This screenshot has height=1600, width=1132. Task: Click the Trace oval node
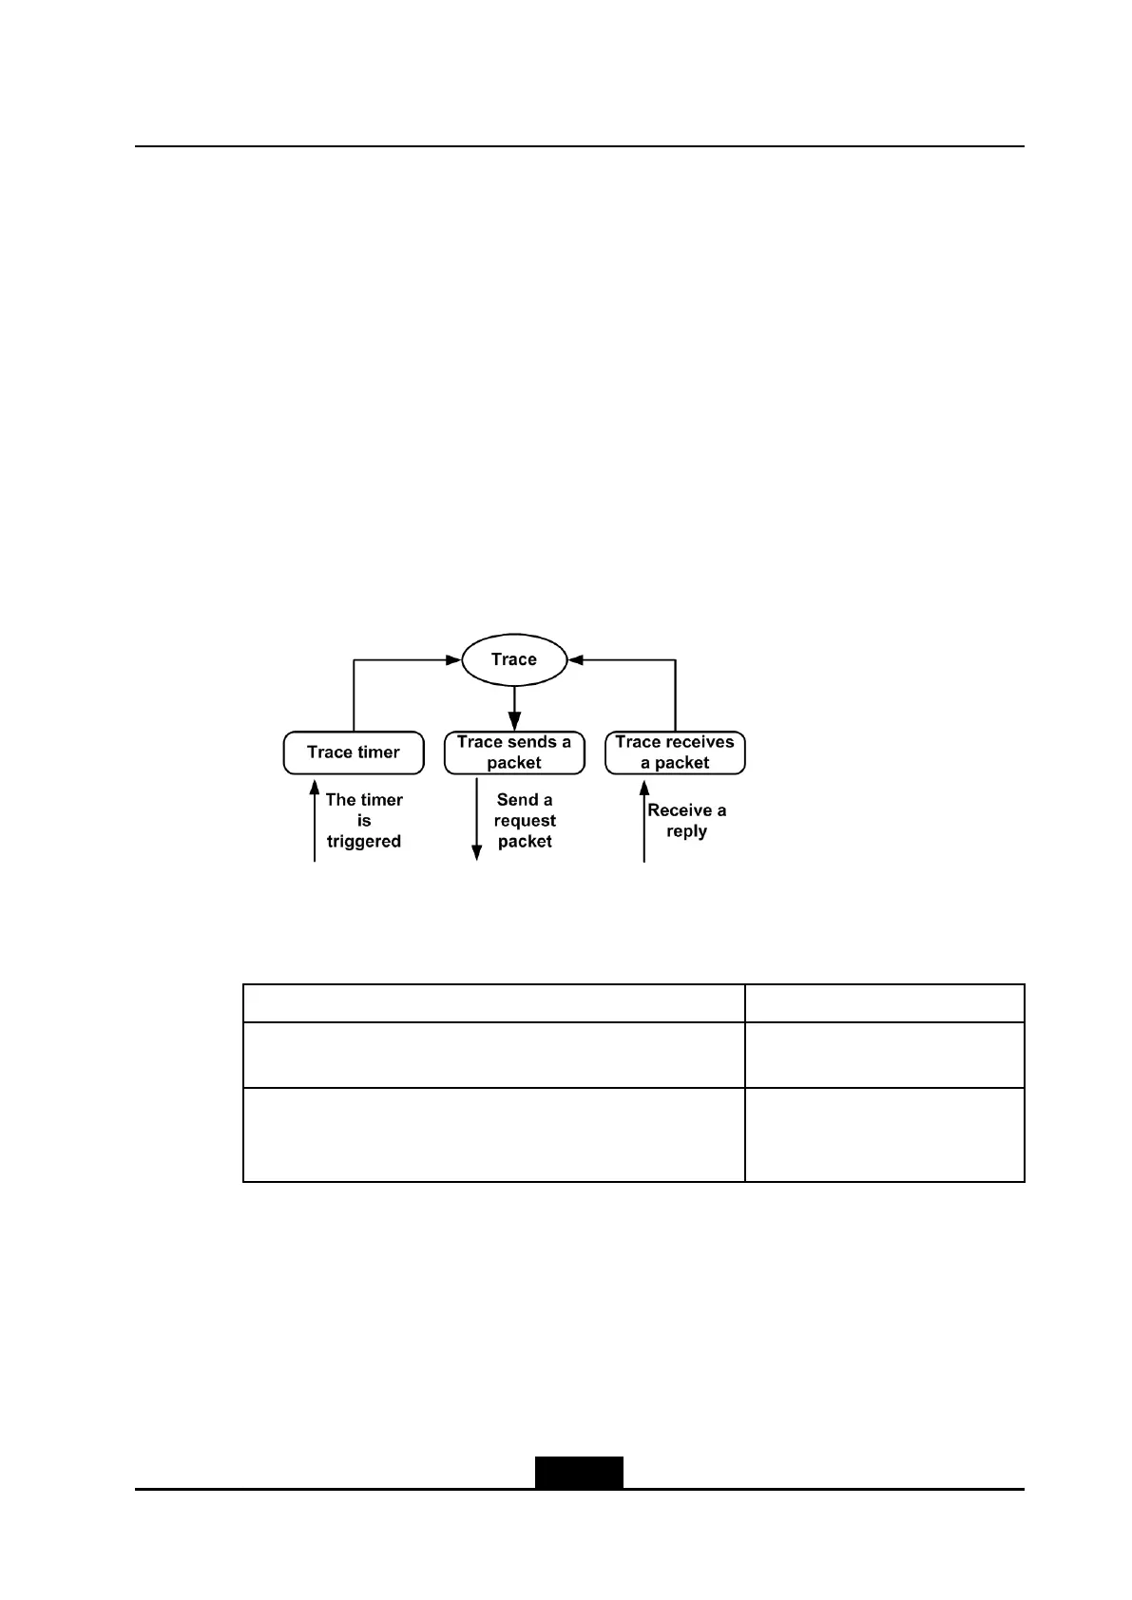513,659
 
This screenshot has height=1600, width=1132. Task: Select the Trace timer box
354,752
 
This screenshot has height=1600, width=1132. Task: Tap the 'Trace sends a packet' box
514,752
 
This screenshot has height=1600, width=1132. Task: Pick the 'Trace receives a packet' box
675,752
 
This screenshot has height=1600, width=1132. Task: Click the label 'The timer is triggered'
364,821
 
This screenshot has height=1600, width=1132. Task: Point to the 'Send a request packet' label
525,821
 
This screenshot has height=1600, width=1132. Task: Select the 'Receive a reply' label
686,821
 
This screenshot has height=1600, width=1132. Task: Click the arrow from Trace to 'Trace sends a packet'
514,708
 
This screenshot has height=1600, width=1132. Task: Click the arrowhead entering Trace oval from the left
453,659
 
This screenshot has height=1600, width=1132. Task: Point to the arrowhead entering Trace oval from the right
575,659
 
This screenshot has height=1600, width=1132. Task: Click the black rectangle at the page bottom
579,1472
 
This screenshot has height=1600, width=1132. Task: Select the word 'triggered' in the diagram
364,842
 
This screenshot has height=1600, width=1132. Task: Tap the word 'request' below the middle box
525,821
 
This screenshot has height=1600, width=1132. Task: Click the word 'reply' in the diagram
686,831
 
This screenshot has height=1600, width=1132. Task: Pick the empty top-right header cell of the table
884,1003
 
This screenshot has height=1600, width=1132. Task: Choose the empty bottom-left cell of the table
493,1134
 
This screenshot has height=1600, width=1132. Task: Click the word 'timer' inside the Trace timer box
378,752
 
